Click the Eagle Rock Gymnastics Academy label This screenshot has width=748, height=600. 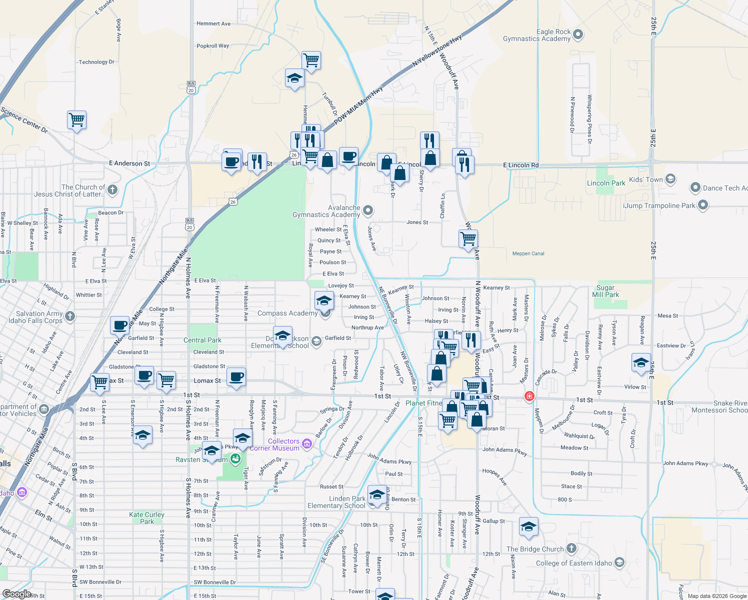(536, 35)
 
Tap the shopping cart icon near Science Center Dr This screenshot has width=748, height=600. (77, 120)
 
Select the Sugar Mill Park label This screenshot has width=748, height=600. (605, 291)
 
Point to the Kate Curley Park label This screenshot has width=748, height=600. (146, 518)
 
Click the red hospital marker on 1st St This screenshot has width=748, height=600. (529, 396)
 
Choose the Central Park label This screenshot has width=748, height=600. (202, 340)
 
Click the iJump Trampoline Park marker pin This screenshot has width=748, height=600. (702, 205)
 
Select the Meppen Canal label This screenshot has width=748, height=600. (528, 253)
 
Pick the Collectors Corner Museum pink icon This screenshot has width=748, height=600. (306, 443)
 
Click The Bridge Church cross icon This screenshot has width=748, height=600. (571, 548)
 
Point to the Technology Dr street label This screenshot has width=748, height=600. (96, 62)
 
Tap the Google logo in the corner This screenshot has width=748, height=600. (17, 593)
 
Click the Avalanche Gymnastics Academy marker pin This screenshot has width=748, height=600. (368, 210)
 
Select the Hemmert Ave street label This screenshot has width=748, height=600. (213, 23)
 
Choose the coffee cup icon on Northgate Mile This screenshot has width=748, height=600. (120, 325)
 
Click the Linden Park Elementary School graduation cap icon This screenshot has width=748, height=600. (377, 495)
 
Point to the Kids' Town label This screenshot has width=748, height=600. (645, 179)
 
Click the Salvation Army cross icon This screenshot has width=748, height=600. (70, 316)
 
